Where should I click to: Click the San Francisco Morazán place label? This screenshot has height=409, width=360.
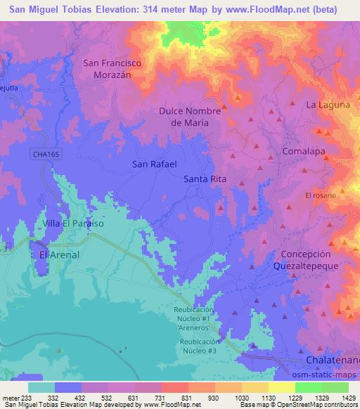(112, 68)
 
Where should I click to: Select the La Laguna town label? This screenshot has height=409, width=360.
(328, 105)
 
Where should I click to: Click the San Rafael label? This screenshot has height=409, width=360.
(153, 164)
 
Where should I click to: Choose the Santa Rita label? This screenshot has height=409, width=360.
(205, 179)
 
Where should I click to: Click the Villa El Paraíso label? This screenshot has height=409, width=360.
(74, 223)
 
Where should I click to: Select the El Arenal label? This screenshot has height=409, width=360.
(60, 254)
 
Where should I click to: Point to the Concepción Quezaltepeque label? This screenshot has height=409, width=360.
(305, 260)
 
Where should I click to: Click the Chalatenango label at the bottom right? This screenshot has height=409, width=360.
(333, 360)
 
